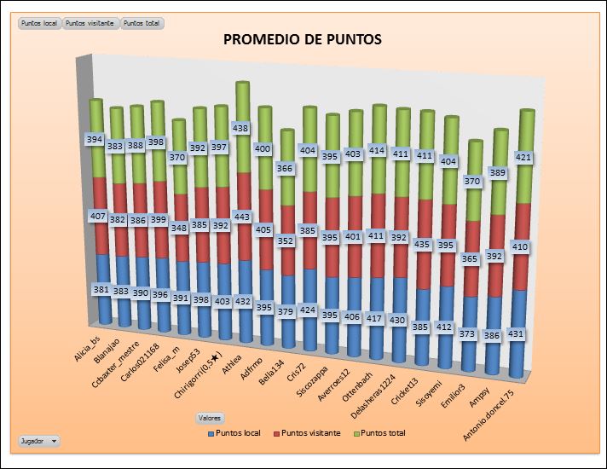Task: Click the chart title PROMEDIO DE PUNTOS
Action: [303, 39]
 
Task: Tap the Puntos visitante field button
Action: [91, 23]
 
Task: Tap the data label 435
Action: [422, 244]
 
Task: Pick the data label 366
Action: [286, 169]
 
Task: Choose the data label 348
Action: [179, 228]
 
